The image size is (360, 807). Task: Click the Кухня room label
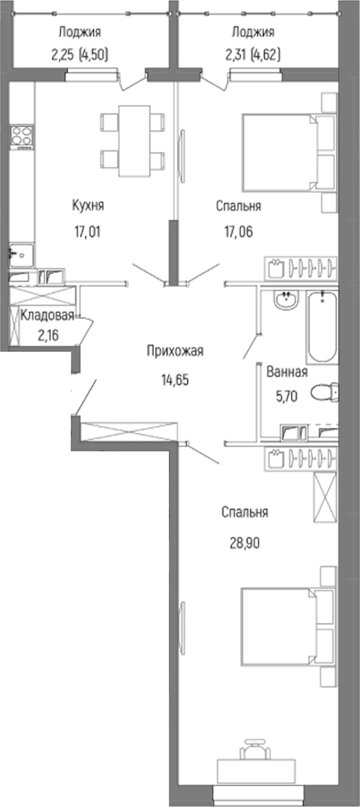tap(88, 205)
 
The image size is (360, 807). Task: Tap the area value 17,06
tap(239, 231)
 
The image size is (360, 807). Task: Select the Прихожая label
tap(175, 351)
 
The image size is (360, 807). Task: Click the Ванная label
tap(287, 372)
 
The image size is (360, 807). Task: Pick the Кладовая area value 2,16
tap(48, 334)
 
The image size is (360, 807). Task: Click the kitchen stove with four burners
tap(22, 135)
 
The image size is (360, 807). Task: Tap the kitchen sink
tap(21, 255)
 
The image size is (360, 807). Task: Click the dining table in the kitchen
tap(133, 141)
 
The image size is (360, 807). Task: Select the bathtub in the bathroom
tap(322, 326)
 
